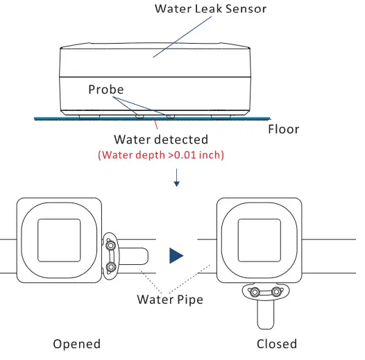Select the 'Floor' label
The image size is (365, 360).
283,129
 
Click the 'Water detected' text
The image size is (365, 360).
160,141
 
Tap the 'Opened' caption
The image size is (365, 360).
76,344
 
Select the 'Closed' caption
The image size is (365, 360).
276,344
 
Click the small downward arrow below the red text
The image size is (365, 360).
178,182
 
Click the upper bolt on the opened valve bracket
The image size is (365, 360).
111,243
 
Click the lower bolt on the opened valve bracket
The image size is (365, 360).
111,267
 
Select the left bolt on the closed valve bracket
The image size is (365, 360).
254,292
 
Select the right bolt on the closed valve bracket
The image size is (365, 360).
278,292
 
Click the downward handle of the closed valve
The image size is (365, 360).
266,316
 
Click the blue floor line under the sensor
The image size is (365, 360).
69,118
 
